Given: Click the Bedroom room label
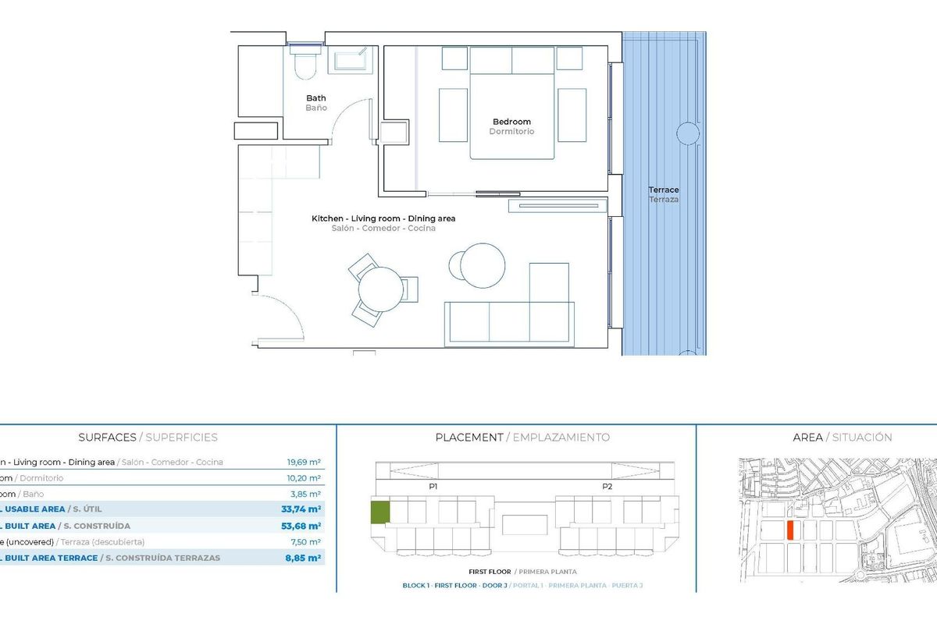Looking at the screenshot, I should pyautogui.click(x=511, y=122).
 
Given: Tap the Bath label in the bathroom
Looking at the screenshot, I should pyautogui.click(x=316, y=98).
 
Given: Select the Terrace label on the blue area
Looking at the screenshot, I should pyautogui.click(x=664, y=190).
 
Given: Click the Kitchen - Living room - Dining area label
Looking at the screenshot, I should pyautogui.click(x=383, y=219).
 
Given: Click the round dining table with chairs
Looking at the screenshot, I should pyautogui.click(x=381, y=289).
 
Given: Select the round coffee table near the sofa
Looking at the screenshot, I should pyautogui.click(x=483, y=264).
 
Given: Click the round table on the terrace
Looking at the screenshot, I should pyautogui.click(x=688, y=133).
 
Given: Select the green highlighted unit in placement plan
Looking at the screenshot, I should pyautogui.click(x=379, y=512).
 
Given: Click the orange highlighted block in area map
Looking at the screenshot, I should pyautogui.click(x=790, y=530).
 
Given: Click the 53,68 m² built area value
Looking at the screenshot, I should pyautogui.click(x=301, y=526).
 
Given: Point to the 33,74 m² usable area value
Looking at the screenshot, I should pyautogui.click(x=301, y=509).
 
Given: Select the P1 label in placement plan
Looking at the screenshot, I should pyautogui.click(x=433, y=486).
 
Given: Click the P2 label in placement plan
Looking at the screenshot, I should pyautogui.click(x=607, y=486).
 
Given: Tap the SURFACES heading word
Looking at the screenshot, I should pyautogui.click(x=108, y=438).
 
